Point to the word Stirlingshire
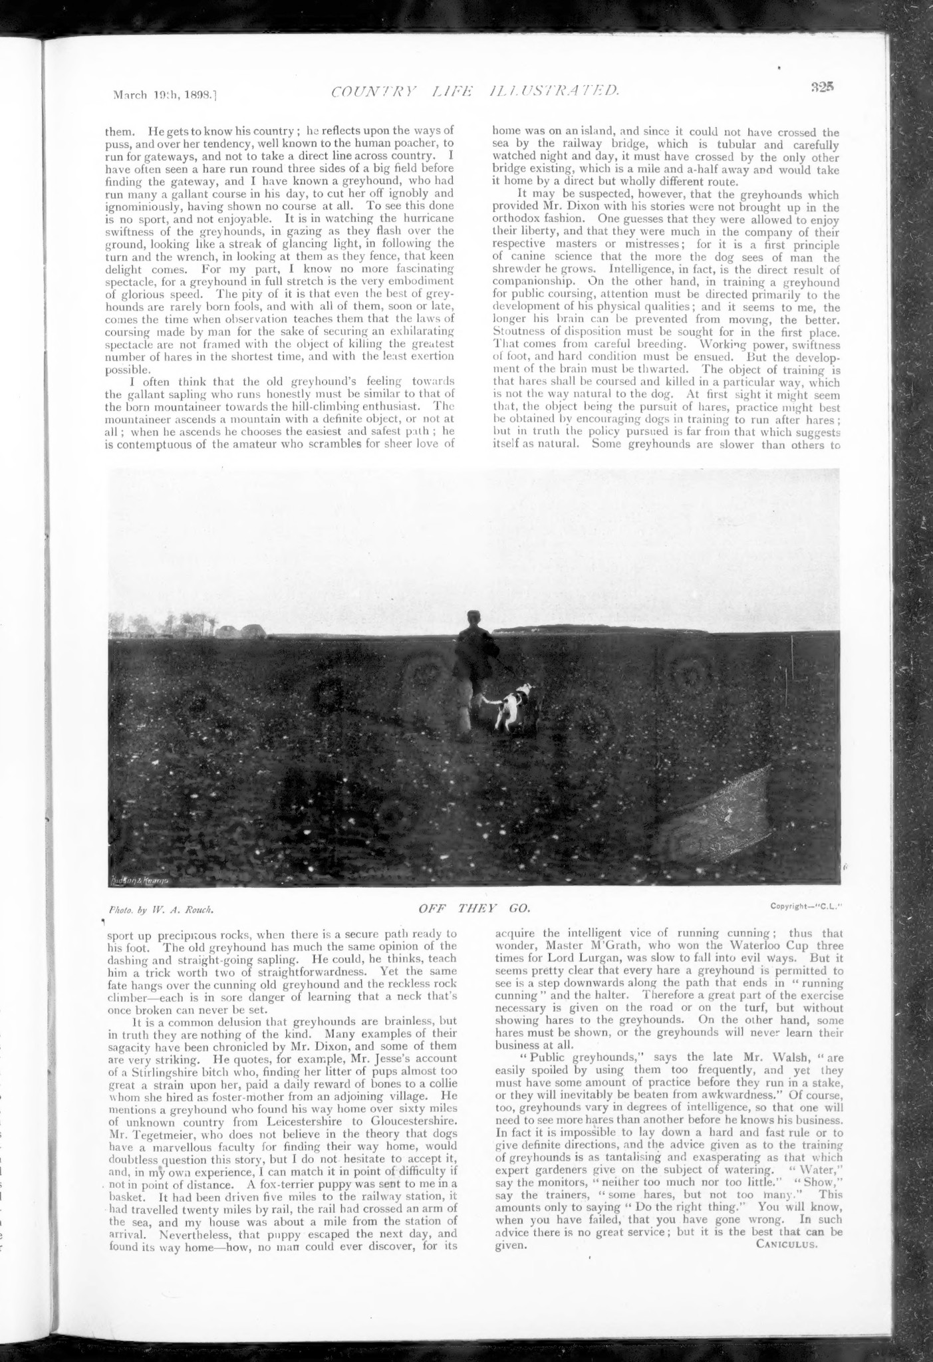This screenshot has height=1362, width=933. [x=158, y=1072]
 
